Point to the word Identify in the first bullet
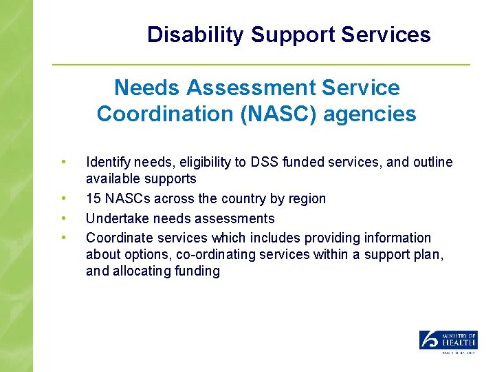pyautogui.click(x=107, y=163)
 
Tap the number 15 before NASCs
pyautogui.click(x=93, y=199)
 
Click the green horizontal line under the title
pyautogui.click(x=261, y=65)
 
